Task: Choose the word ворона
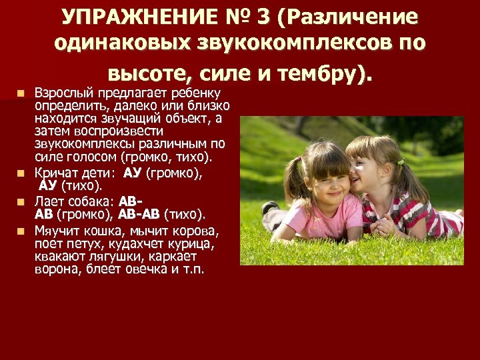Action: point(55,271)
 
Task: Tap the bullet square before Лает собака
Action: point(23,201)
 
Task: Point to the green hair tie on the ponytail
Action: point(401,161)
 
